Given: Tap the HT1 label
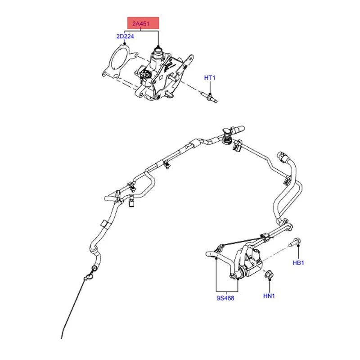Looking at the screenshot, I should click(210, 78).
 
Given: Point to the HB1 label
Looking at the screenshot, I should click(299, 263).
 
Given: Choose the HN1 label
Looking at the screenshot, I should click(269, 296).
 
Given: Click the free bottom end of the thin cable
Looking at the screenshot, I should click(62, 337).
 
